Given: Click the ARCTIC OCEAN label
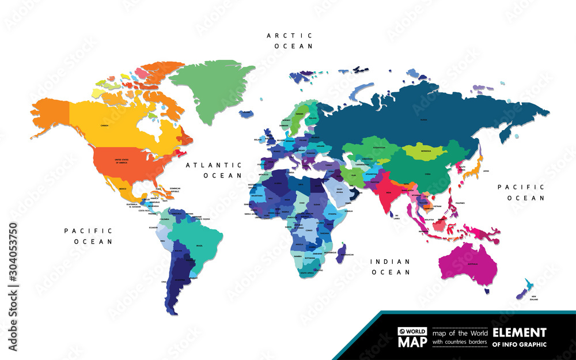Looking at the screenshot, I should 289,40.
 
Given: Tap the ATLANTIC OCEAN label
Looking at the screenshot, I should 213,169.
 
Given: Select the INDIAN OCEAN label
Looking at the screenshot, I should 391,266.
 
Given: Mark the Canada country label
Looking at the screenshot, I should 104,125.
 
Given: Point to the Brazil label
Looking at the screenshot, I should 199,246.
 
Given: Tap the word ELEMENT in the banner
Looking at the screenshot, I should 519,332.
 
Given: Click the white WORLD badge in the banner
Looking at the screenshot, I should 412,332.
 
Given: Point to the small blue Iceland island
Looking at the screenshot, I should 246,114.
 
